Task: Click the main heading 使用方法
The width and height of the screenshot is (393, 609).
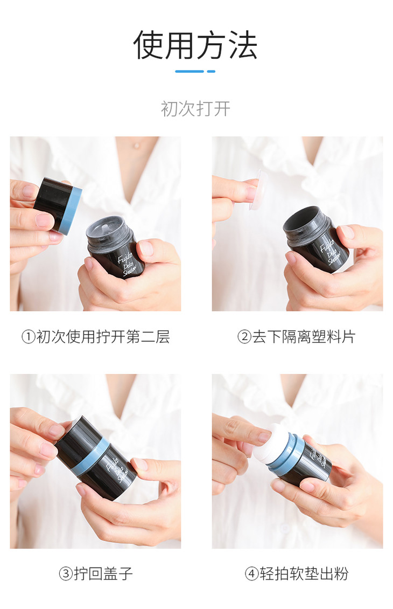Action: click(x=195, y=45)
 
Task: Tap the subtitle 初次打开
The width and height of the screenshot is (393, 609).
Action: click(x=195, y=109)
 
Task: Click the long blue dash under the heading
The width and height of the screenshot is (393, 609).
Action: click(x=190, y=72)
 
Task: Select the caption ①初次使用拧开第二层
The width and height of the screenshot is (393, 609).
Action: click(x=95, y=336)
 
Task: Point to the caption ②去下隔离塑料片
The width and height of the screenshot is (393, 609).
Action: click(x=297, y=336)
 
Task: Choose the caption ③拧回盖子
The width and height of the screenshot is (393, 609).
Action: click(x=96, y=573)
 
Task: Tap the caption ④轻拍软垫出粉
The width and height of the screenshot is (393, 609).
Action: click(x=297, y=573)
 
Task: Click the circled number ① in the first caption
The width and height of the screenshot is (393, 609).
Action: click(x=29, y=337)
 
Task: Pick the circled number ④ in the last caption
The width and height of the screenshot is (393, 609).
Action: click(x=252, y=573)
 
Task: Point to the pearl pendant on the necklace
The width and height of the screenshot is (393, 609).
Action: click(x=136, y=146)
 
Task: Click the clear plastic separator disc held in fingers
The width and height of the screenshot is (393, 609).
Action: click(x=258, y=189)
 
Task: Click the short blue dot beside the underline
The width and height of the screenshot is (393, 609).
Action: click(x=211, y=72)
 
